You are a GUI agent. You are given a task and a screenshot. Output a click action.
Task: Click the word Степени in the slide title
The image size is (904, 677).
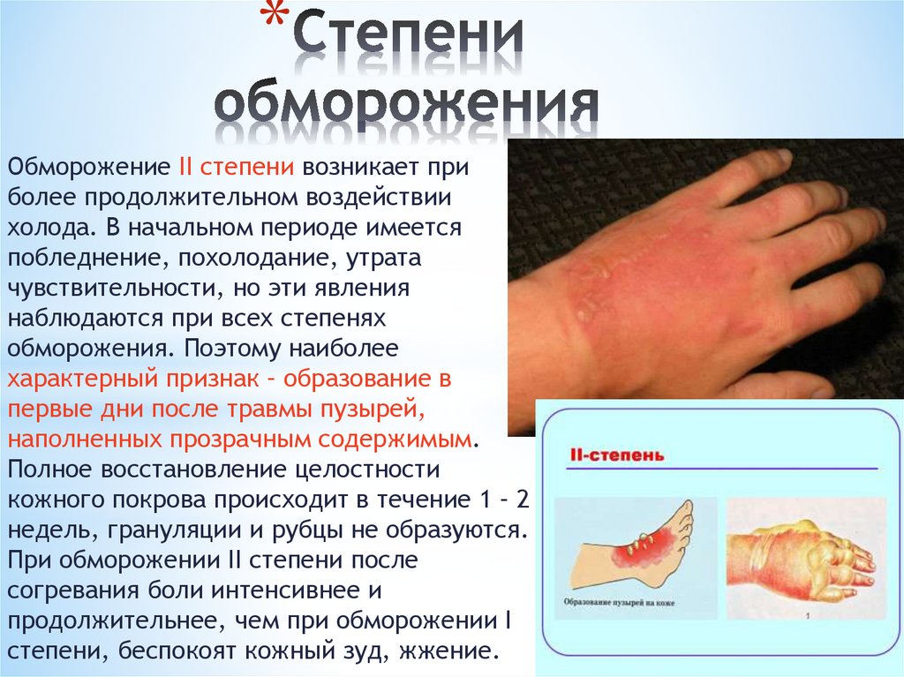coord(408,40)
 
